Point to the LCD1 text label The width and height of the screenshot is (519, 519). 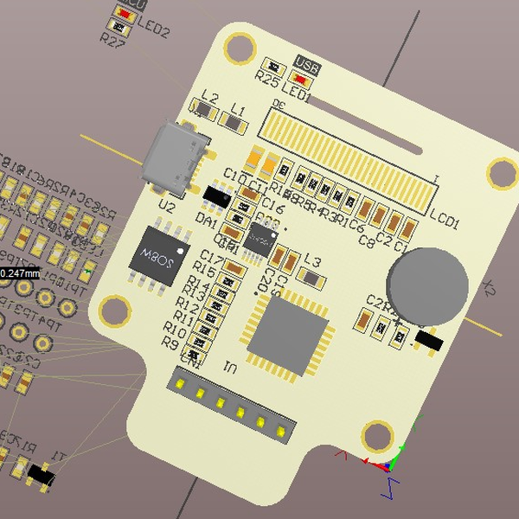445,225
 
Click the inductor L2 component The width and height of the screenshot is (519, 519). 205,110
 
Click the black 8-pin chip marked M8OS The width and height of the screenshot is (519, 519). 159,254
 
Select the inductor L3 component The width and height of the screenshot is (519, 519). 310,276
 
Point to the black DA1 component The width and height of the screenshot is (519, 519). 215,197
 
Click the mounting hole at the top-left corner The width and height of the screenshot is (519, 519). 235,48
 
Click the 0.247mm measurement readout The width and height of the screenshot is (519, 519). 19,273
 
